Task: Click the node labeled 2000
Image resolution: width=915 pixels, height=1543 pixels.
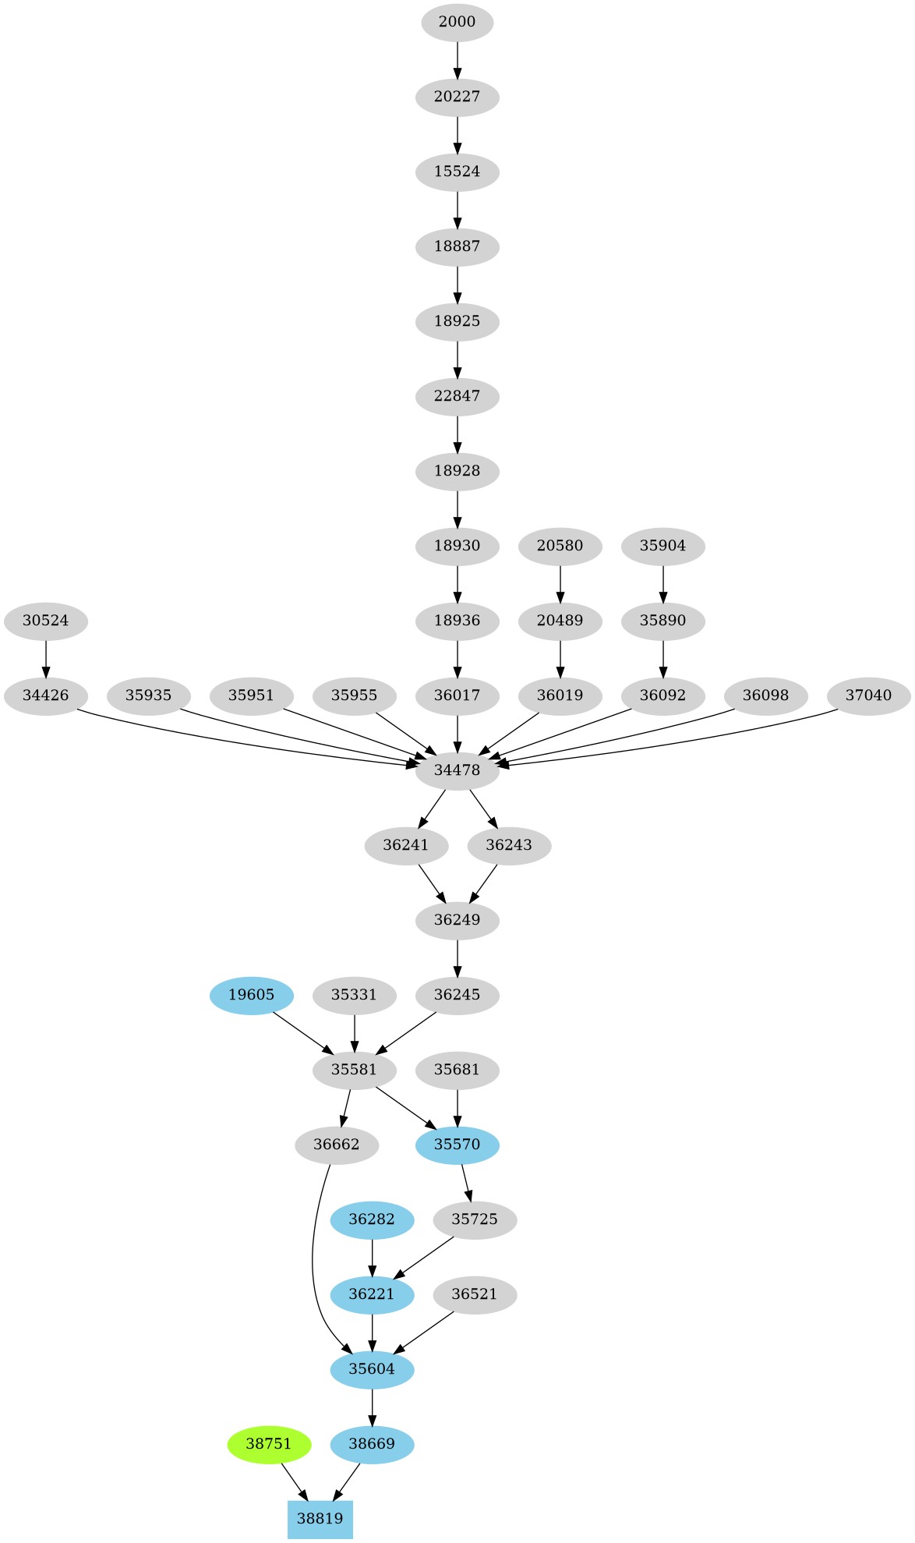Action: [x=457, y=22]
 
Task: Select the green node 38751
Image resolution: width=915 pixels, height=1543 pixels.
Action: [x=269, y=1444]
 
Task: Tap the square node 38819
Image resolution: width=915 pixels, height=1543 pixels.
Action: [x=320, y=1519]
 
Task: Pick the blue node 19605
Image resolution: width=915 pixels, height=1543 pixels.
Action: [x=251, y=995]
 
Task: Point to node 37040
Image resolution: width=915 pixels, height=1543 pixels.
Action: [x=868, y=695]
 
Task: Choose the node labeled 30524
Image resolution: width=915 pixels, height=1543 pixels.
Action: [x=45, y=621]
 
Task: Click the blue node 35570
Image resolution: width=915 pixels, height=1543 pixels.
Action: [x=457, y=1145]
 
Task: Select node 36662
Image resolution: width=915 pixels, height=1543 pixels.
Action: [x=337, y=1145]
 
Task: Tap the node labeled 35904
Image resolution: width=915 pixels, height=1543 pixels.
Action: [x=662, y=546]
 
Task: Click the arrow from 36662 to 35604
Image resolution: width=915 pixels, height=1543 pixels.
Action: [x=313, y=1263]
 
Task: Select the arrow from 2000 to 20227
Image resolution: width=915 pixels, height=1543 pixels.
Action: [x=457, y=59]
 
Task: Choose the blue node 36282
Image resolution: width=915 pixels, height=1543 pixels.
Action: [x=372, y=1219]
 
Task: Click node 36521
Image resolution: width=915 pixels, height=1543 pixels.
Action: [x=474, y=1294]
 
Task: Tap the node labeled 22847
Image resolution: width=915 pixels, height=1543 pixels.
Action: [x=457, y=396]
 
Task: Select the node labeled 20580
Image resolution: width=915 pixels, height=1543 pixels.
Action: [x=560, y=546]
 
